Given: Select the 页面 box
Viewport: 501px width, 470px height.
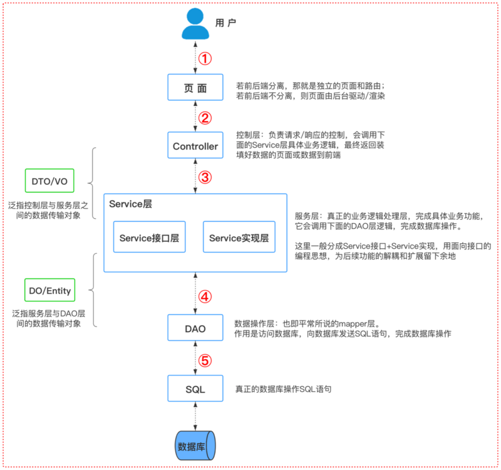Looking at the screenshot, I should click(x=195, y=86).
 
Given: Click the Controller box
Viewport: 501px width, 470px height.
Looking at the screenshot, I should click(x=195, y=147).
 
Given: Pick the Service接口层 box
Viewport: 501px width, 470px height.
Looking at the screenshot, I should click(x=150, y=236).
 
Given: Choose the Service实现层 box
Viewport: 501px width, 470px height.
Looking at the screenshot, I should click(x=239, y=236).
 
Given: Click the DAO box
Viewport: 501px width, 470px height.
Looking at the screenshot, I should click(x=195, y=327).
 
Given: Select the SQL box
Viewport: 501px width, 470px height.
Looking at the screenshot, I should click(x=195, y=389).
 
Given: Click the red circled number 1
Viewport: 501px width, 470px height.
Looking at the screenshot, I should click(x=205, y=58).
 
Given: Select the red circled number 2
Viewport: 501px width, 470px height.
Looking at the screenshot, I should click(x=205, y=117).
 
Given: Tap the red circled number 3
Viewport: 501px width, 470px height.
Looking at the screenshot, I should click(x=205, y=177).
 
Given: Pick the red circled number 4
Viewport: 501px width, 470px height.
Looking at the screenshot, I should click(x=205, y=296).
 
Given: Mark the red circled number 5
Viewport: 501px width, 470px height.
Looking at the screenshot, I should click(x=205, y=360).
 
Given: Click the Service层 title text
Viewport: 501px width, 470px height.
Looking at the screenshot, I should click(x=130, y=204).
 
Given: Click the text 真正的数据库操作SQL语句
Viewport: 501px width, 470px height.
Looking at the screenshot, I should click(x=282, y=389).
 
